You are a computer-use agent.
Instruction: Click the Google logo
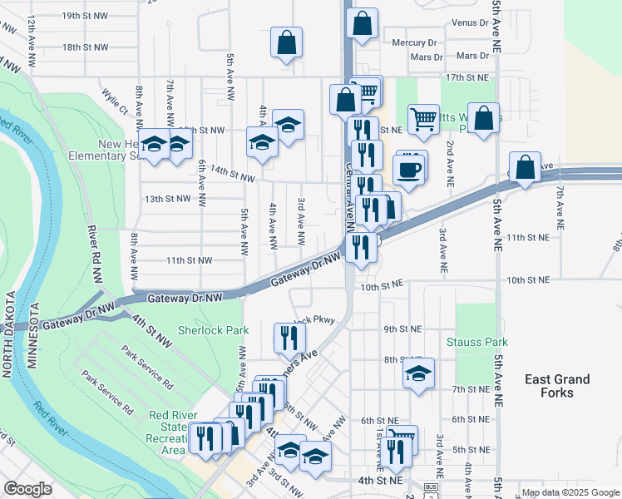(x=27, y=489)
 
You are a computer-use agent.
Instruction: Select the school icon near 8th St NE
(x=418, y=373)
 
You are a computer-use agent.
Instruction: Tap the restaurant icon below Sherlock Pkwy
(x=289, y=337)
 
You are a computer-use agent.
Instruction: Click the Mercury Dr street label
(x=414, y=42)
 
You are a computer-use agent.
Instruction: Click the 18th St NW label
(x=85, y=47)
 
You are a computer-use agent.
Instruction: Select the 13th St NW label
(x=166, y=199)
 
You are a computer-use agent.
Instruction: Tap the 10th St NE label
(x=382, y=285)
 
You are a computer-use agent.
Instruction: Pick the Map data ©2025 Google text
(x=569, y=492)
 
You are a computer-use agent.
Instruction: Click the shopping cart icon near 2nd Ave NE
(x=422, y=118)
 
